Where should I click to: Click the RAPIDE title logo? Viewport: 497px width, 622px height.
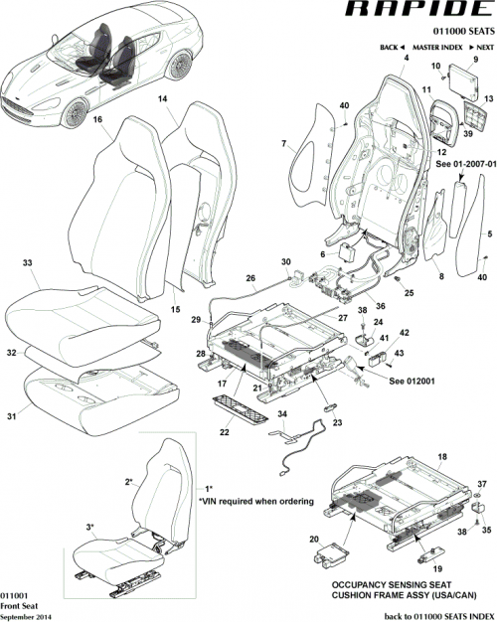[417, 12]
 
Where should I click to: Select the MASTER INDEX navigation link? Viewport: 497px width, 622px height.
[438, 47]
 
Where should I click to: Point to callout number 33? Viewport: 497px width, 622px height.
[28, 263]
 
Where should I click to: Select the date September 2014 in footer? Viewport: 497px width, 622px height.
[25, 616]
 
